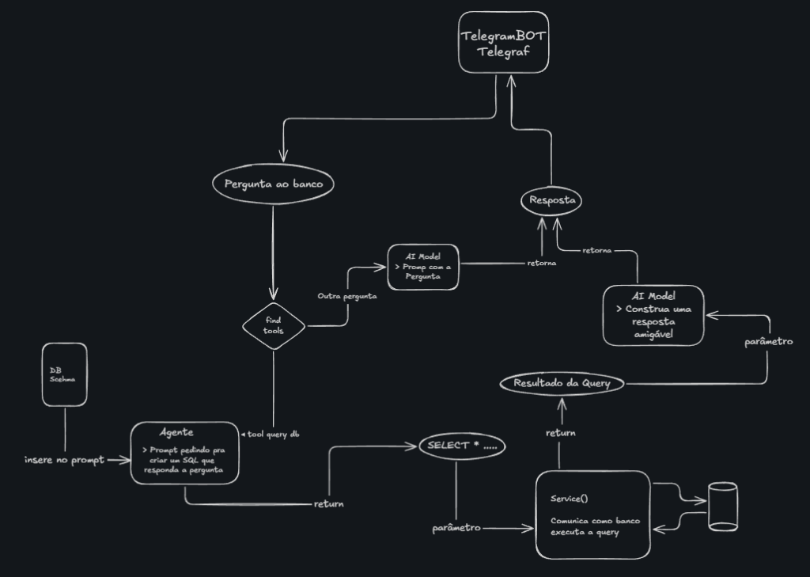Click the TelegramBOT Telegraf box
[x=504, y=43]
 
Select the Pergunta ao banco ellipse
[x=274, y=184]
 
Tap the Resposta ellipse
[x=552, y=201]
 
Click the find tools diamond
[x=274, y=324]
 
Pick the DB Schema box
[x=64, y=374]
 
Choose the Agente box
[x=184, y=452]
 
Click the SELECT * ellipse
[x=462, y=446]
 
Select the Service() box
[x=592, y=515]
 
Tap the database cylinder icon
[x=722, y=507]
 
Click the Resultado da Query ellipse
[x=562, y=383]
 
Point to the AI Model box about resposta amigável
[x=653, y=315]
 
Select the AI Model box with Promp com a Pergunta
[x=425, y=267]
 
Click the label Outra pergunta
[x=347, y=296]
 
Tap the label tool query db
[x=273, y=434]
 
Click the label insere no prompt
[x=64, y=461]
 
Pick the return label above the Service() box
[x=560, y=433]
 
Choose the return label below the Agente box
[x=328, y=503]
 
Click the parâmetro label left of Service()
[x=456, y=527]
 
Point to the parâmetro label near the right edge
[x=768, y=342]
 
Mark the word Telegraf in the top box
[x=503, y=53]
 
